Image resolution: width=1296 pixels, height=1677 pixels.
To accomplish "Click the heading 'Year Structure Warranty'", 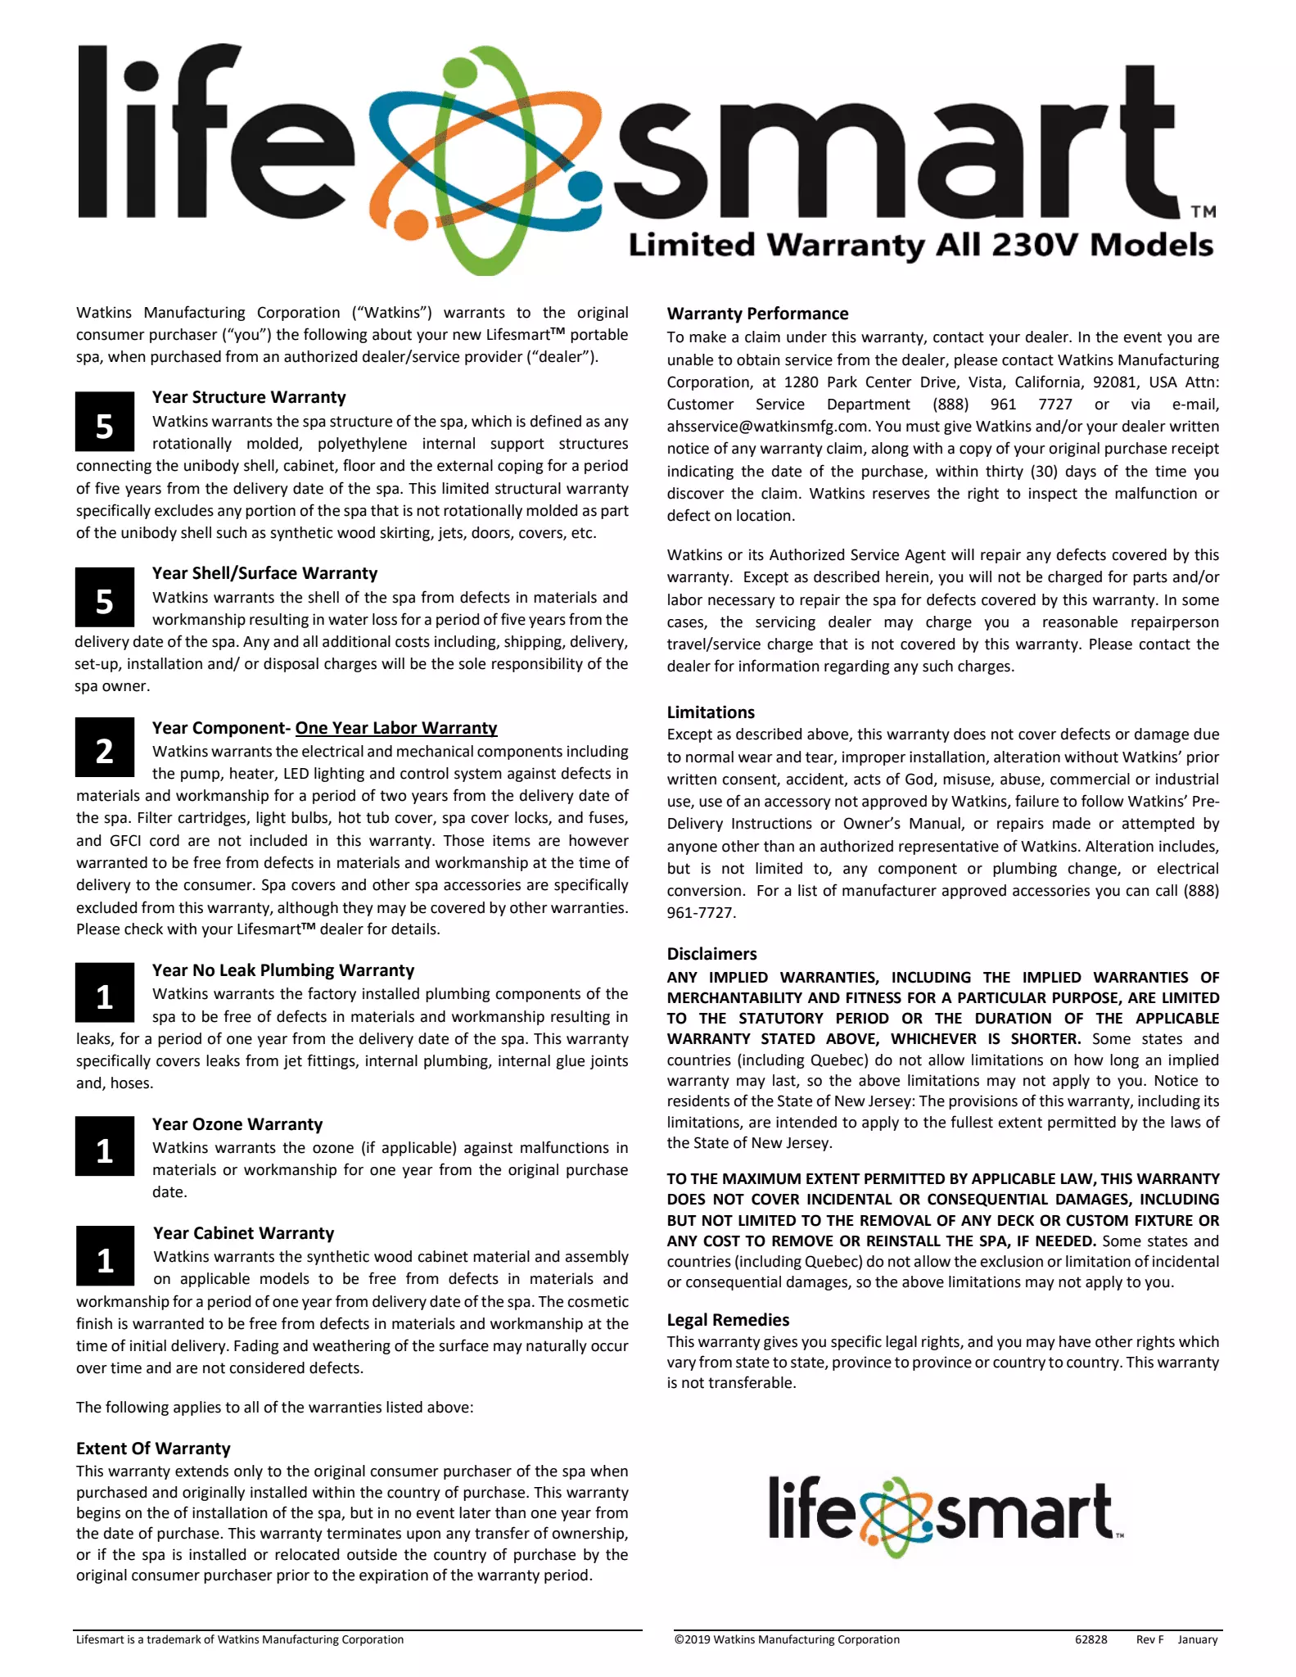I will pyautogui.click(x=249, y=397).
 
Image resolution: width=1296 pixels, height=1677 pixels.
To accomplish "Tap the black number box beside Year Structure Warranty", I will pyautogui.click(x=105, y=423).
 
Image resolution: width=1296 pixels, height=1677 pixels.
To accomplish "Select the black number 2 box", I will pyautogui.click(x=105, y=748).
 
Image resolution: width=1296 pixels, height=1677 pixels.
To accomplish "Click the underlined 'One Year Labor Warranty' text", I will pyautogui.click(x=396, y=728).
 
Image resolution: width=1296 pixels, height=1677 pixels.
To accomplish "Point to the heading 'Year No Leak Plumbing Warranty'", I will pyautogui.click(x=283, y=970).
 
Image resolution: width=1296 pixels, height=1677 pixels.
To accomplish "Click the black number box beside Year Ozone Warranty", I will pyautogui.click(x=105, y=1147).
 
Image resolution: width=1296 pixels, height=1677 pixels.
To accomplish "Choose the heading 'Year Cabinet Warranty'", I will pyautogui.click(x=244, y=1233).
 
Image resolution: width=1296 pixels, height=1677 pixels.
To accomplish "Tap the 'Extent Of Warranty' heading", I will pyautogui.click(x=153, y=1449).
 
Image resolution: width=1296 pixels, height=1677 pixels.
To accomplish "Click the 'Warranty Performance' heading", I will pyautogui.click(x=757, y=314).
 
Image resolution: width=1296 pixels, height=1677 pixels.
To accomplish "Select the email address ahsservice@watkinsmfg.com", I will pyautogui.click(x=767, y=427).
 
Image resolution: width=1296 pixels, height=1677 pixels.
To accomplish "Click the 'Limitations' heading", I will pyautogui.click(x=711, y=712).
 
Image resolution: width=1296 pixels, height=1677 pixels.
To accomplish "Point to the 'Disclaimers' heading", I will pyautogui.click(x=711, y=954).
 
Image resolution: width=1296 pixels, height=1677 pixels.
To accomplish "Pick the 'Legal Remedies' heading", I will pyautogui.click(x=728, y=1320).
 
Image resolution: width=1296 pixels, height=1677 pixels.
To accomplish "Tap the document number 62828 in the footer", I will pyautogui.click(x=1091, y=1639).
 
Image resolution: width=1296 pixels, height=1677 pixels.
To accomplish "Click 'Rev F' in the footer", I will pyautogui.click(x=1149, y=1639).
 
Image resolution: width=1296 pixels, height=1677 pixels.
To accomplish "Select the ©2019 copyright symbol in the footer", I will pyautogui.click(x=680, y=1639).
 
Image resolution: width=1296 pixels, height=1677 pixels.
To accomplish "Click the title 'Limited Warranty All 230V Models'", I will pyautogui.click(x=920, y=245).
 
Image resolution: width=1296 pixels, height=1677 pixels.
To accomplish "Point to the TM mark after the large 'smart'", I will pyautogui.click(x=1203, y=212).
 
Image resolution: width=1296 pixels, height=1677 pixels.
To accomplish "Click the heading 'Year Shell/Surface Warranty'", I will pyautogui.click(x=264, y=573).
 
